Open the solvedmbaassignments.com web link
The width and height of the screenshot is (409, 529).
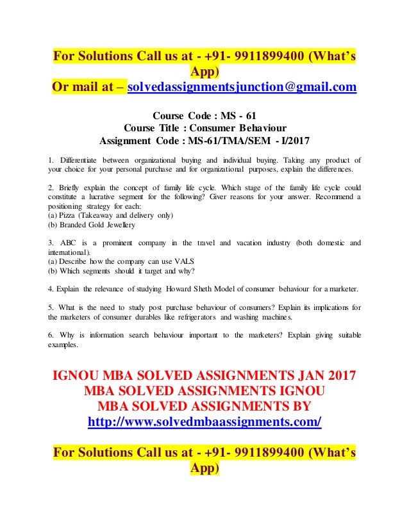(204, 423)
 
